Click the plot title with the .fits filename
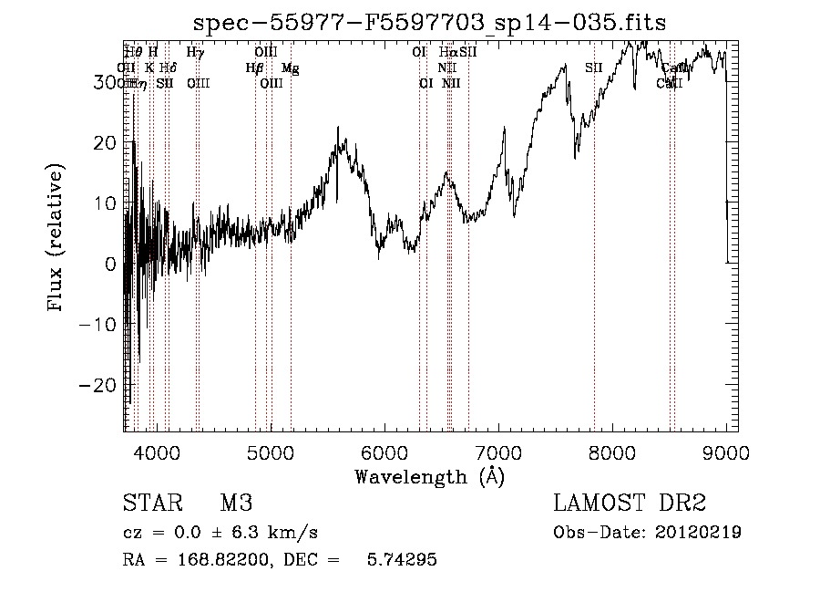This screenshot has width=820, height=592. tap(431, 24)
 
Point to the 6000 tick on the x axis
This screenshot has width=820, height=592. tap(384, 452)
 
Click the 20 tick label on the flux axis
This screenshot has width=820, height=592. tap(107, 143)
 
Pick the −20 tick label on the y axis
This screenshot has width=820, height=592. tap(101, 385)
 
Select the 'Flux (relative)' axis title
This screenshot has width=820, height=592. tap(56, 240)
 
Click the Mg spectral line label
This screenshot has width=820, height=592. tap(290, 68)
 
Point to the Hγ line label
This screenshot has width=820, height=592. tap(195, 53)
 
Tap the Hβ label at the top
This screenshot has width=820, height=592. tap(254, 68)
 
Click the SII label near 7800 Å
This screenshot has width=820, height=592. tap(594, 68)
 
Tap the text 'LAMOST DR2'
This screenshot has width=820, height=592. tap(630, 504)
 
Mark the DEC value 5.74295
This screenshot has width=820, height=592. tap(402, 560)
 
